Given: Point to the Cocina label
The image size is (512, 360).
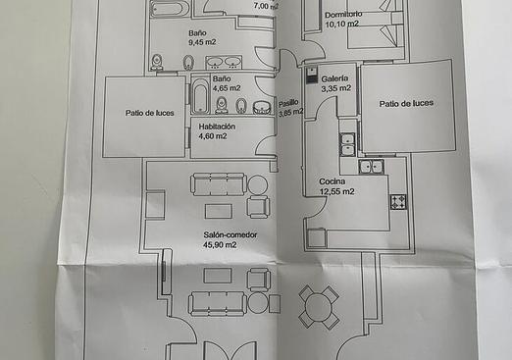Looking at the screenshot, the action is (x=332, y=181).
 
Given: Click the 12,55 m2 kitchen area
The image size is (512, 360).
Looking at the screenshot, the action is (x=336, y=191).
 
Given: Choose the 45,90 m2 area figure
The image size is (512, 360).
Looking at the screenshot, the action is (x=221, y=245).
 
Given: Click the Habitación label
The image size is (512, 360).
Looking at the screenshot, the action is (x=217, y=127).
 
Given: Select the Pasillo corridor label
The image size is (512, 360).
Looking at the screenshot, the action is (x=288, y=102).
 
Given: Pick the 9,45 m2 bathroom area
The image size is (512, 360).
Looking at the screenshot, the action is (x=202, y=42).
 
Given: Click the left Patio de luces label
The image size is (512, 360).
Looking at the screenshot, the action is (x=149, y=113).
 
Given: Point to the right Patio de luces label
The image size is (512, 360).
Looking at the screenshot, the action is (x=406, y=103).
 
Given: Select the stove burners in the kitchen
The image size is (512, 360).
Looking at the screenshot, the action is (x=399, y=202).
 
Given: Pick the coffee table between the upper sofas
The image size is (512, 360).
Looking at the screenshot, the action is (x=218, y=211).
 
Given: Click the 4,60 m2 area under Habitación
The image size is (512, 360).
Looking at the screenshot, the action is (x=212, y=136).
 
